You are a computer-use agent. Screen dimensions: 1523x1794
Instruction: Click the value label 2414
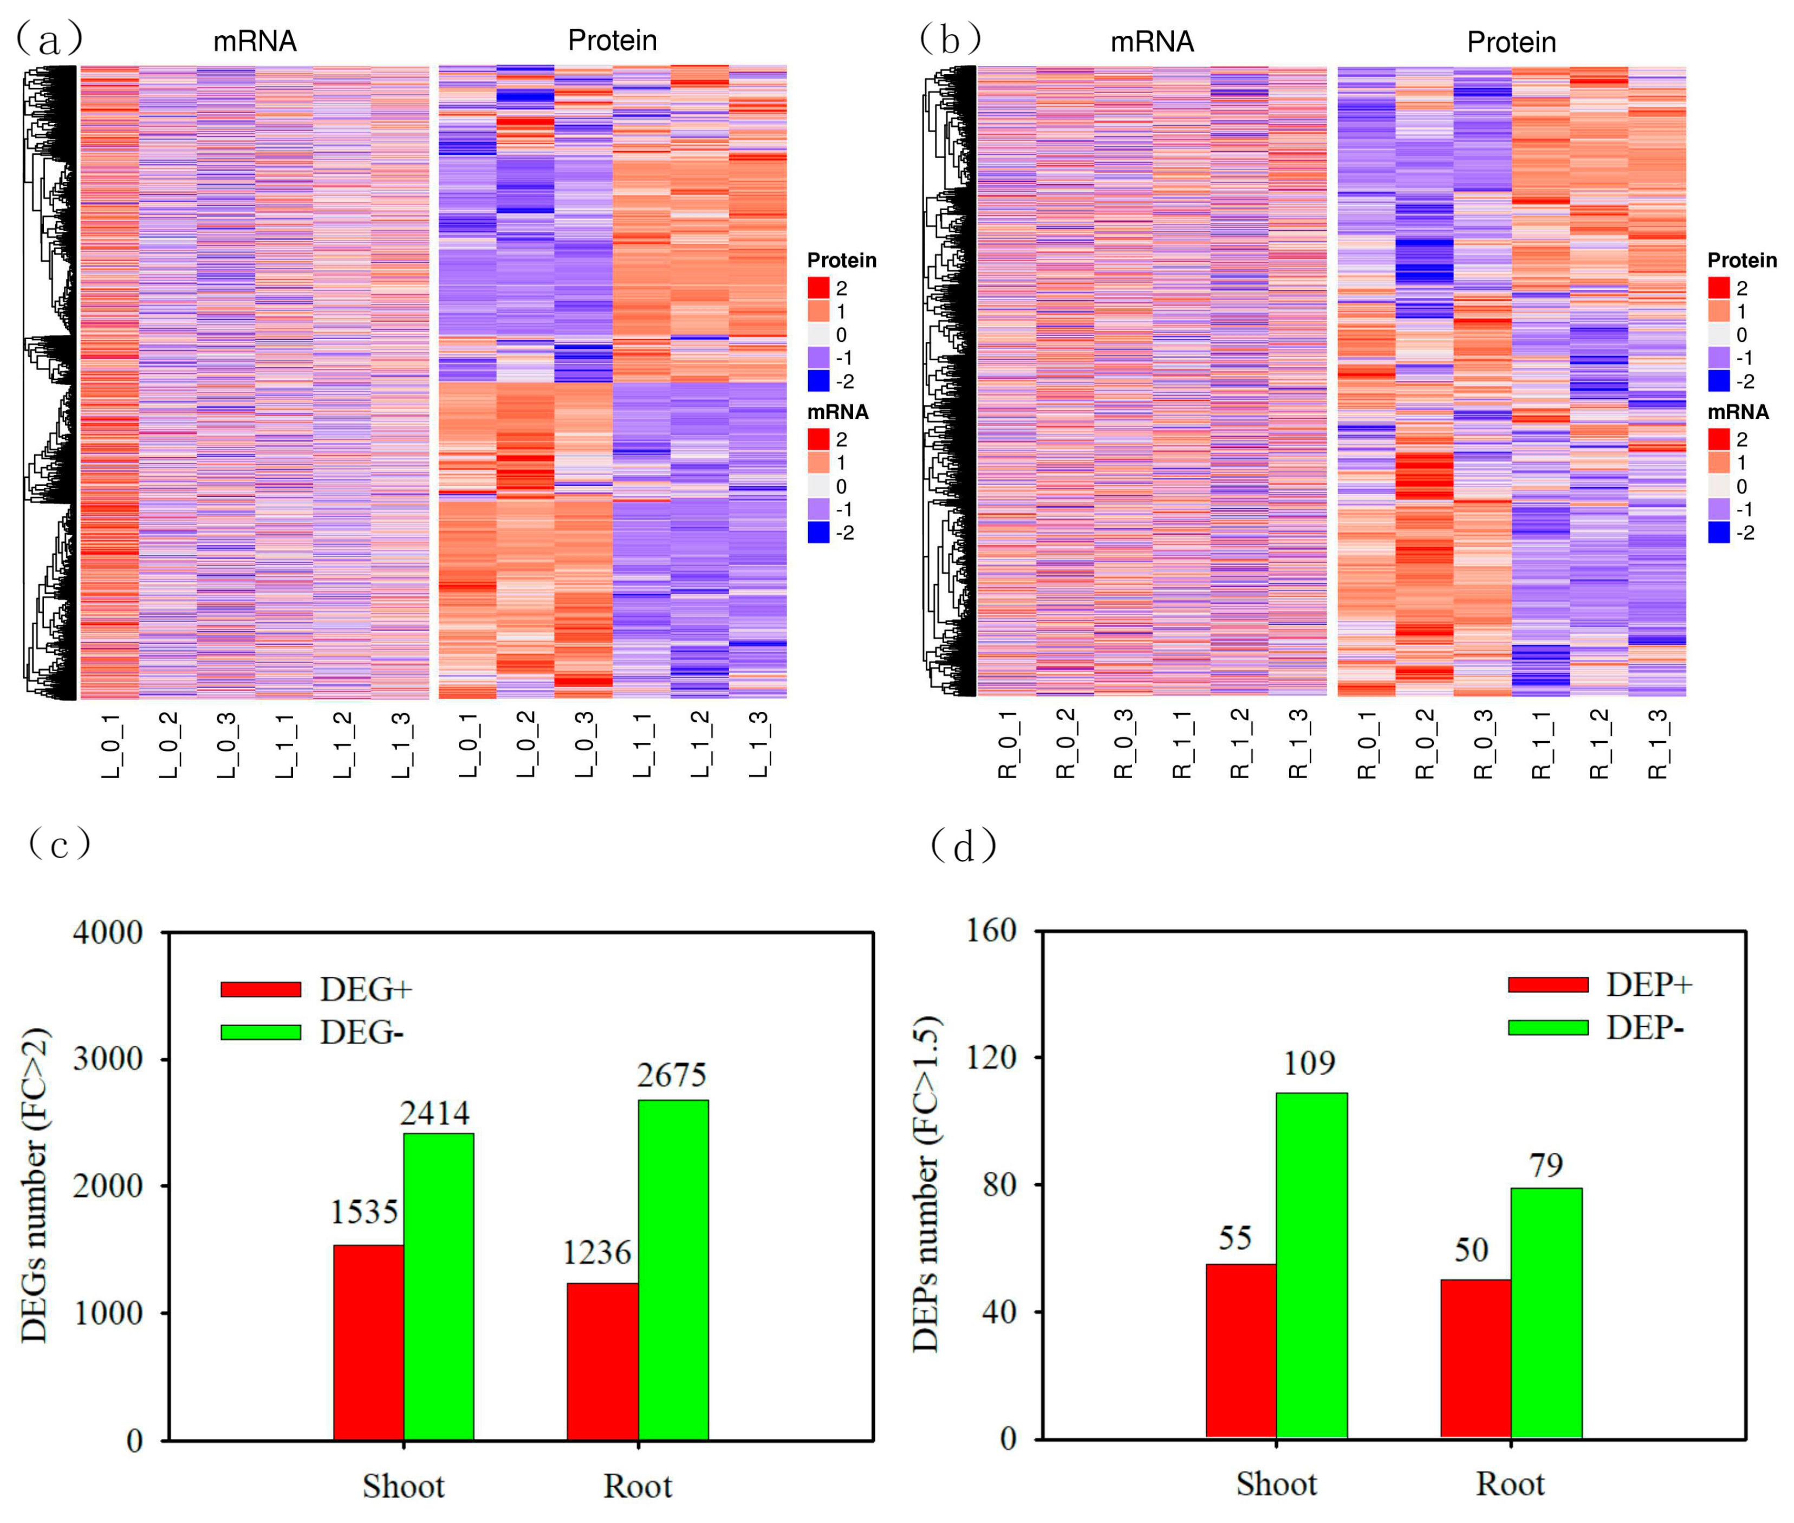(x=434, y=1113)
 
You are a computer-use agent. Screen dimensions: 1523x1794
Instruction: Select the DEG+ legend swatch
(x=260, y=989)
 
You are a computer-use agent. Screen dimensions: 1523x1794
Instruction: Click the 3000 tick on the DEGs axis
(x=108, y=1059)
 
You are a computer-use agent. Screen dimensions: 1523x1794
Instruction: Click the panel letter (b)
(x=950, y=39)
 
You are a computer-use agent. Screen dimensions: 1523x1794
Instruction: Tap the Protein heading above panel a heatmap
(x=612, y=41)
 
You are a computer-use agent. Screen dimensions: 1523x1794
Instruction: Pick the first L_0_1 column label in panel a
(x=112, y=745)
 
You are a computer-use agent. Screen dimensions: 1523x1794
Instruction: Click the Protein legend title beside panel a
(x=841, y=260)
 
